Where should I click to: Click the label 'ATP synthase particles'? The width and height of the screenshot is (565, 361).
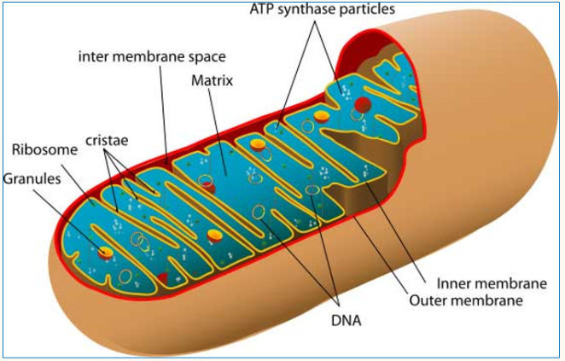[322, 9]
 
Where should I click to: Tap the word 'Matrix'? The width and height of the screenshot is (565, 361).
[212, 81]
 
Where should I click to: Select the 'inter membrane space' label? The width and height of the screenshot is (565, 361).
[152, 57]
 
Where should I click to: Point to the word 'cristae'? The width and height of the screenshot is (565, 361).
[107, 140]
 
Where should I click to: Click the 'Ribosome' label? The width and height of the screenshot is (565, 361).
[44, 150]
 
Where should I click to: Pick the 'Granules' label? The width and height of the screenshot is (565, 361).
[32, 178]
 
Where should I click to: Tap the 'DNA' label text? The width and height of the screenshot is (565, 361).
[346, 320]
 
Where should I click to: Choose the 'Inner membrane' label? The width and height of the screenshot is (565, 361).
[492, 283]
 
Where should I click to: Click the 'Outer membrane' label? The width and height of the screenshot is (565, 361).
[466, 300]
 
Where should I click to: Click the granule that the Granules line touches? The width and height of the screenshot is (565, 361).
[106, 253]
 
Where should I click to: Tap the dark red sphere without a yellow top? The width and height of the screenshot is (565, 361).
[363, 104]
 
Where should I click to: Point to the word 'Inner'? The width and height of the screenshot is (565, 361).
[453, 283]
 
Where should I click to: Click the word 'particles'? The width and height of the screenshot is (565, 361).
[367, 9]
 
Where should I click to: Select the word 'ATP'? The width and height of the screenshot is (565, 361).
[262, 9]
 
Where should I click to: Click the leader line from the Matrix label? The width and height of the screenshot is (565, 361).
[218, 132]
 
